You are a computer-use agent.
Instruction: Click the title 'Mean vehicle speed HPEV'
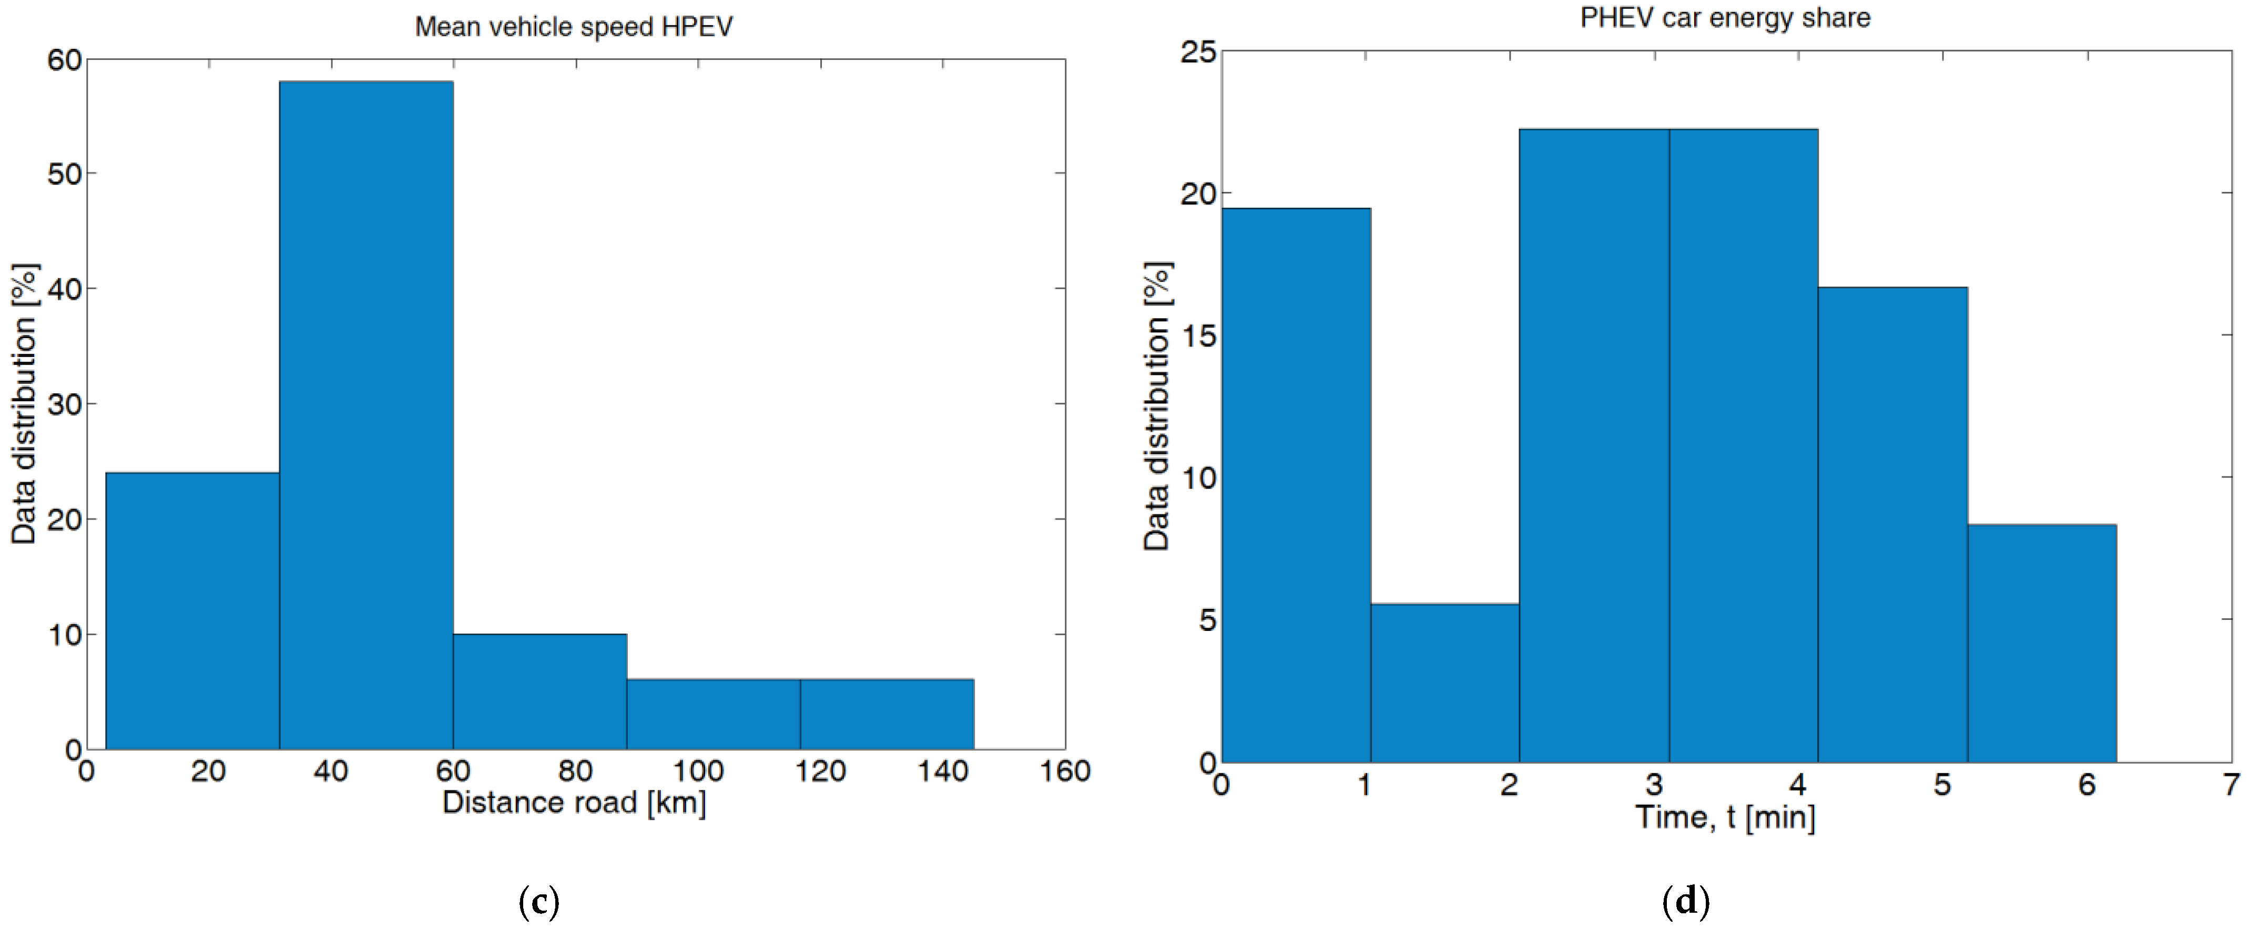coord(573,27)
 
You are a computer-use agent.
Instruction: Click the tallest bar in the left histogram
coord(366,415)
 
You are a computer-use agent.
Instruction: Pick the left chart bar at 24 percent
coord(192,610)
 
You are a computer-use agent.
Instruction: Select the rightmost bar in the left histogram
coord(887,713)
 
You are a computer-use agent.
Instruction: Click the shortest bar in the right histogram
coord(1444,682)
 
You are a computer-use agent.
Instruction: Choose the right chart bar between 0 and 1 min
coord(1296,485)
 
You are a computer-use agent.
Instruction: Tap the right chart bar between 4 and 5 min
coord(1893,524)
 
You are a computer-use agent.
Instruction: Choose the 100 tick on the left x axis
coord(698,771)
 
